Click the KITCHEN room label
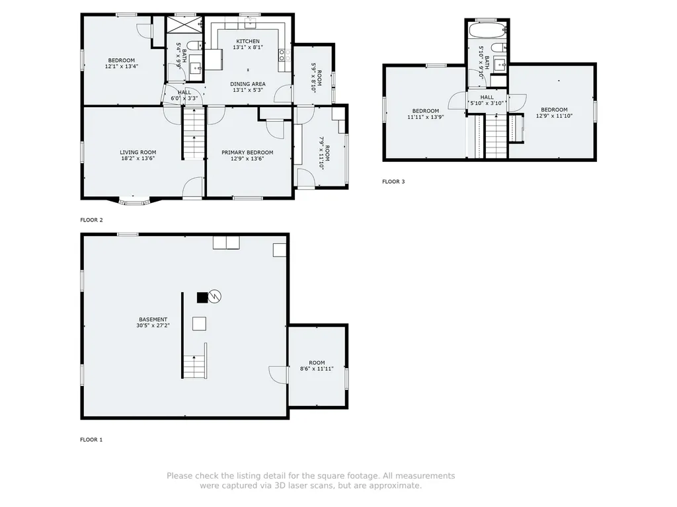[x=248, y=42]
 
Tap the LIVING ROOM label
[x=138, y=153]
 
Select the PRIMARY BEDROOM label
[x=247, y=153]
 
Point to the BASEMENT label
[x=153, y=319]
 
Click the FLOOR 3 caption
[x=393, y=182]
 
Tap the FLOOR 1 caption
[x=91, y=440]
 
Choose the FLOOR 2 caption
[x=91, y=220]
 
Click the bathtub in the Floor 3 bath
[x=487, y=30]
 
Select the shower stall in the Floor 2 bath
[x=184, y=24]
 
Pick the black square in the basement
[x=202, y=297]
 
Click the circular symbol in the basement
[x=215, y=296]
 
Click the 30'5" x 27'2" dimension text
[x=153, y=326]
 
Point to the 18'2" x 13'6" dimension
[x=138, y=159]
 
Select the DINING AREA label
[x=248, y=84]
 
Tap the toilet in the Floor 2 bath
[x=196, y=45]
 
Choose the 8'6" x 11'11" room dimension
[x=317, y=369]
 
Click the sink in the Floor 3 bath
[x=500, y=65]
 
